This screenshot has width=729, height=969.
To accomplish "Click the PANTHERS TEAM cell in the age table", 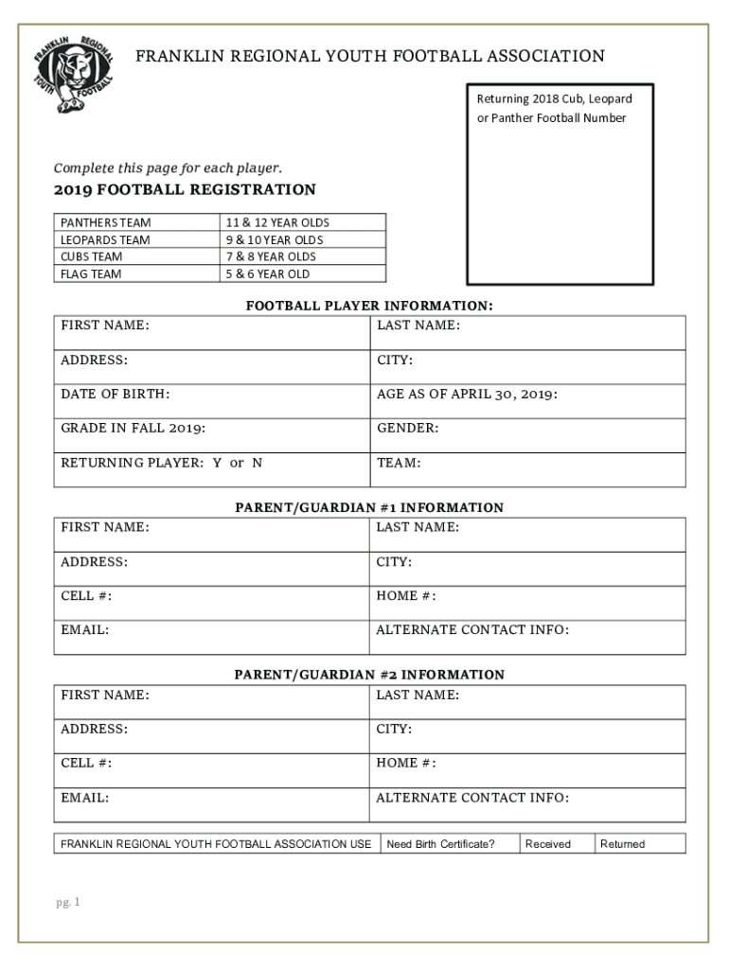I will click(x=106, y=222).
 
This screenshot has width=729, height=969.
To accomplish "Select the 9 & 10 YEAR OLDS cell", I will click(x=274, y=239).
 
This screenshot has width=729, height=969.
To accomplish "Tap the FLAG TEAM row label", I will click(x=91, y=274).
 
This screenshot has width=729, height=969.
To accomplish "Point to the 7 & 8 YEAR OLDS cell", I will click(x=270, y=256).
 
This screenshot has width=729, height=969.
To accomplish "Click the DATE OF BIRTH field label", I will click(x=116, y=394).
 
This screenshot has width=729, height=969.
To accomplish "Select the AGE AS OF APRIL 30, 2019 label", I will click(x=467, y=394).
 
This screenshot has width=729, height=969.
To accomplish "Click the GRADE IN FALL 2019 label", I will click(x=133, y=428).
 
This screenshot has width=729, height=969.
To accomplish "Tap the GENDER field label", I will click(x=407, y=428).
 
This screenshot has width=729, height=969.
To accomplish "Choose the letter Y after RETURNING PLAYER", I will click(x=217, y=463).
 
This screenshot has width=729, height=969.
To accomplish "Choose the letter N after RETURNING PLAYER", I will click(x=257, y=463).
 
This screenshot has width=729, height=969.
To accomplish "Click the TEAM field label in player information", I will click(x=399, y=463).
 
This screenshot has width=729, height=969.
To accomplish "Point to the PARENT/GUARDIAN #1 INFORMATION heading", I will click(x=369, y=507).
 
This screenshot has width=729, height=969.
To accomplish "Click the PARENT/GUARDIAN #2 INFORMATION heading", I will click(x=369, y=675).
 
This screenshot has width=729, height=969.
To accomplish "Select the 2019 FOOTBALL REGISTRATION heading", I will click(x=185, y=190).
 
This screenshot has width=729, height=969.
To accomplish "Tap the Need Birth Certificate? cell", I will click(x=440, y=844).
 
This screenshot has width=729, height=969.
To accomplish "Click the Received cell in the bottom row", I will click(x=548, y=844).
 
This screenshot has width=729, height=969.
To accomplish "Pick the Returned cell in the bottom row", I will click(x=622, y=844).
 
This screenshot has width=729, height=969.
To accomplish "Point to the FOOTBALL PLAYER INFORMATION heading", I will click(x=369, y=306).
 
